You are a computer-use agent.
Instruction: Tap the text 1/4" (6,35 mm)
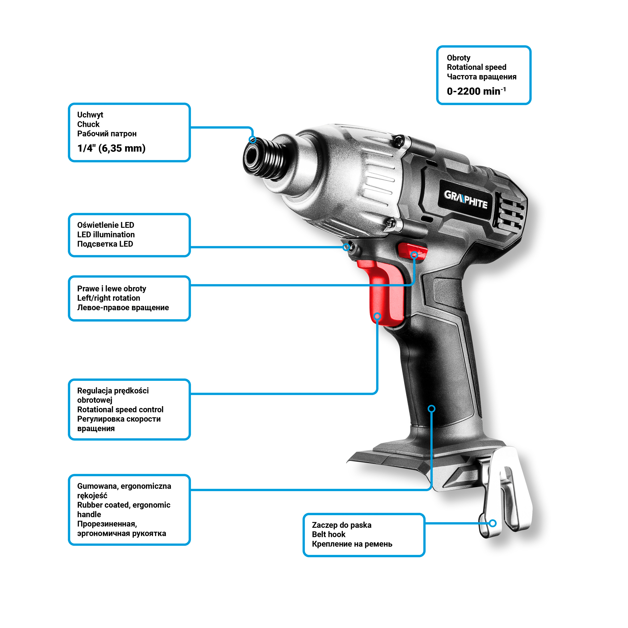(111, 148)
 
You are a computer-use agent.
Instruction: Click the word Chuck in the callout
(88, 124)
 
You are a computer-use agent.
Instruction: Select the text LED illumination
(106, 234)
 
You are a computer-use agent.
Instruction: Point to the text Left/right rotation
(109, 298)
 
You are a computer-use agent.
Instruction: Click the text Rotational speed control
(120, 409)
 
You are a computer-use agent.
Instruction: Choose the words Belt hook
(329, 534)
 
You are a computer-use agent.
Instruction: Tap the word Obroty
(458, 58)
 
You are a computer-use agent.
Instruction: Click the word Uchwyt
(90, 115)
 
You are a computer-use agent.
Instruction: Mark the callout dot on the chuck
(252, 140)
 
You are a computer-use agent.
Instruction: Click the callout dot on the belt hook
(493, 523)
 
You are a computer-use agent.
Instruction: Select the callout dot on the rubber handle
(432, 409)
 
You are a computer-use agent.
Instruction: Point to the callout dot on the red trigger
(377, 316)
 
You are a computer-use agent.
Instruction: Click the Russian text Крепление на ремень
(352, 544)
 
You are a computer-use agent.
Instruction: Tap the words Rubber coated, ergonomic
(124, 505)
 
